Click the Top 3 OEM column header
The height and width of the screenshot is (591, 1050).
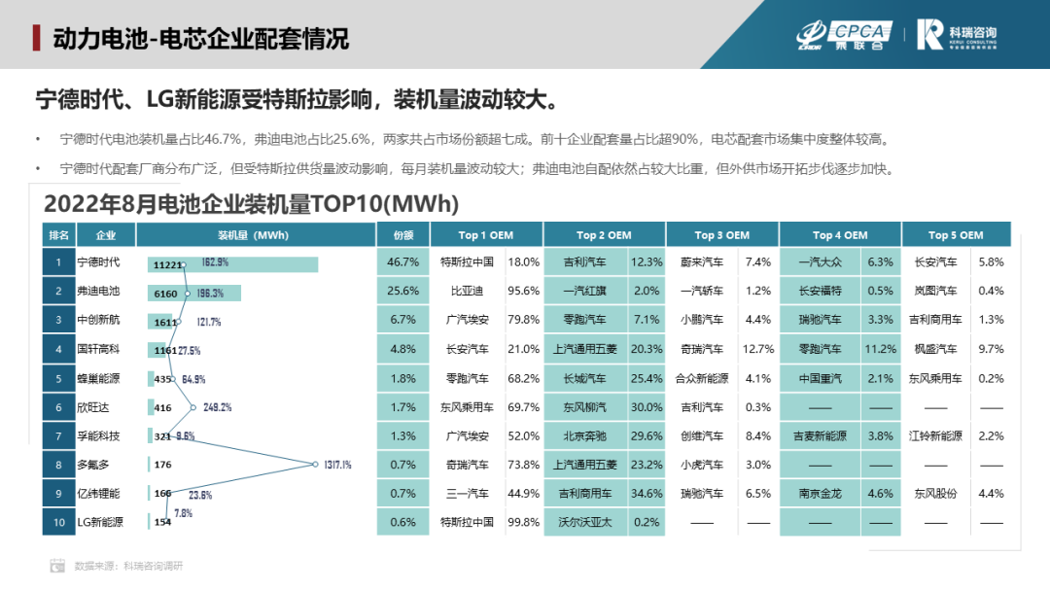[721, 235]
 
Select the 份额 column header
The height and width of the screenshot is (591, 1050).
[402, 235]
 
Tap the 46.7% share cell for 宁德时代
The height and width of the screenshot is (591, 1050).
[402, 262]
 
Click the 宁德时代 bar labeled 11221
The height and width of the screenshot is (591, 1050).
[233, 264]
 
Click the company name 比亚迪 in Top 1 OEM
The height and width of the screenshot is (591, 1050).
[467, 291]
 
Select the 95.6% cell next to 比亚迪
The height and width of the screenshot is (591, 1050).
[523, 291]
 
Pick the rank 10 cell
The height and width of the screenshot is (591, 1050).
[58, 522]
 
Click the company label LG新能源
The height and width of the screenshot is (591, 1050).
[100, 522]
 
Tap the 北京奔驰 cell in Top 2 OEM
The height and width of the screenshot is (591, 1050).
[584, 436]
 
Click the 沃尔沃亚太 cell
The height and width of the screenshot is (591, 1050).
[584, 522]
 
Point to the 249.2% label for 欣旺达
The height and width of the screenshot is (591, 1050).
[216, 407]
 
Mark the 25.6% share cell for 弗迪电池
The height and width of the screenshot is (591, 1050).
[402, 291]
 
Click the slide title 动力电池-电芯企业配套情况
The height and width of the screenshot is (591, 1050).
[200, 39]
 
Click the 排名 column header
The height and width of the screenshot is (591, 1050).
[58, 235]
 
